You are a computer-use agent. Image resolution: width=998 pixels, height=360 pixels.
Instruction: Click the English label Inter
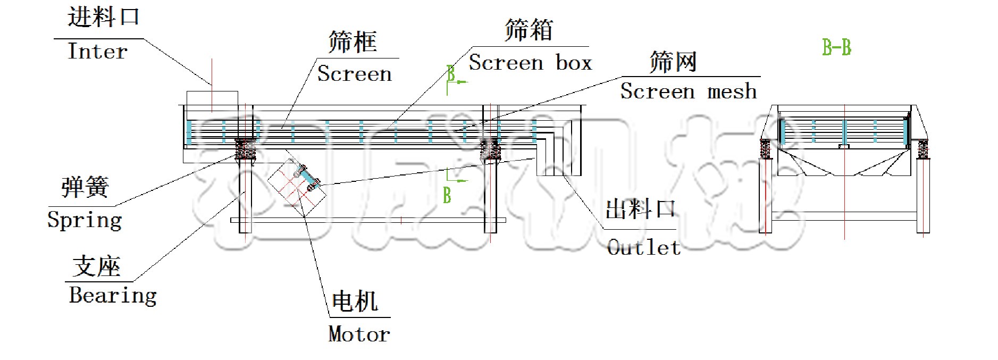pos(98,52)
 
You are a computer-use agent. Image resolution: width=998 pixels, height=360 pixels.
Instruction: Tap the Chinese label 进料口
pos(103,18)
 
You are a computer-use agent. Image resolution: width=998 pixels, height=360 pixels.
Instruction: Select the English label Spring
pos(85,220)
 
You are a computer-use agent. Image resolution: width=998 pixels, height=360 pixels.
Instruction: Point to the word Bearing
pos(113,295)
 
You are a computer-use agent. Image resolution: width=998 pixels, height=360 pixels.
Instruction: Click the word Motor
pos(359,334)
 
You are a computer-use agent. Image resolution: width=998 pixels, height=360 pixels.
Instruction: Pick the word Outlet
pos(643,248)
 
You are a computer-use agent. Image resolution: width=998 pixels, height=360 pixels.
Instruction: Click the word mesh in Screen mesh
pos(732,91)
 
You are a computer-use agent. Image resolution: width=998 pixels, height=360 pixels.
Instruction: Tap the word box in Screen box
pos(574,63)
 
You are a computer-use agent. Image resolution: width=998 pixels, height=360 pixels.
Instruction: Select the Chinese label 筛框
pos(353,42)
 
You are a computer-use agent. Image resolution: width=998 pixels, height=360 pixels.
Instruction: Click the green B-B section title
pos(836,48)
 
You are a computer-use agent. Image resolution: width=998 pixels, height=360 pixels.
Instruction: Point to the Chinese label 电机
pos(355,302)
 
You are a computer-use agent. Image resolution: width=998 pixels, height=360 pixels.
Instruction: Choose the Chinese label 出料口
pos(640,209)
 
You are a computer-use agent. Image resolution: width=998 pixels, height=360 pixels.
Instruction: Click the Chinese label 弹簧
pos(85,187)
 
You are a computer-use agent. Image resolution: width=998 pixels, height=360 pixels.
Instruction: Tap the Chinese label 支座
pos(96,266)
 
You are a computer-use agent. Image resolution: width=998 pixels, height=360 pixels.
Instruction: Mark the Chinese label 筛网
pos(673,62)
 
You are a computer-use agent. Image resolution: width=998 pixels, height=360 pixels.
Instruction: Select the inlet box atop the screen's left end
pos(212,102)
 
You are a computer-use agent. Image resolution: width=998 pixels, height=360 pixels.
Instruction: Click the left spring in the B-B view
pos(765,149)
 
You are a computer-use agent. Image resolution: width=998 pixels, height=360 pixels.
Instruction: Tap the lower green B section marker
pos(447,195)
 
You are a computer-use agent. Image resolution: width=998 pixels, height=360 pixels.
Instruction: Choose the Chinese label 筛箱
pos(529,30)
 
